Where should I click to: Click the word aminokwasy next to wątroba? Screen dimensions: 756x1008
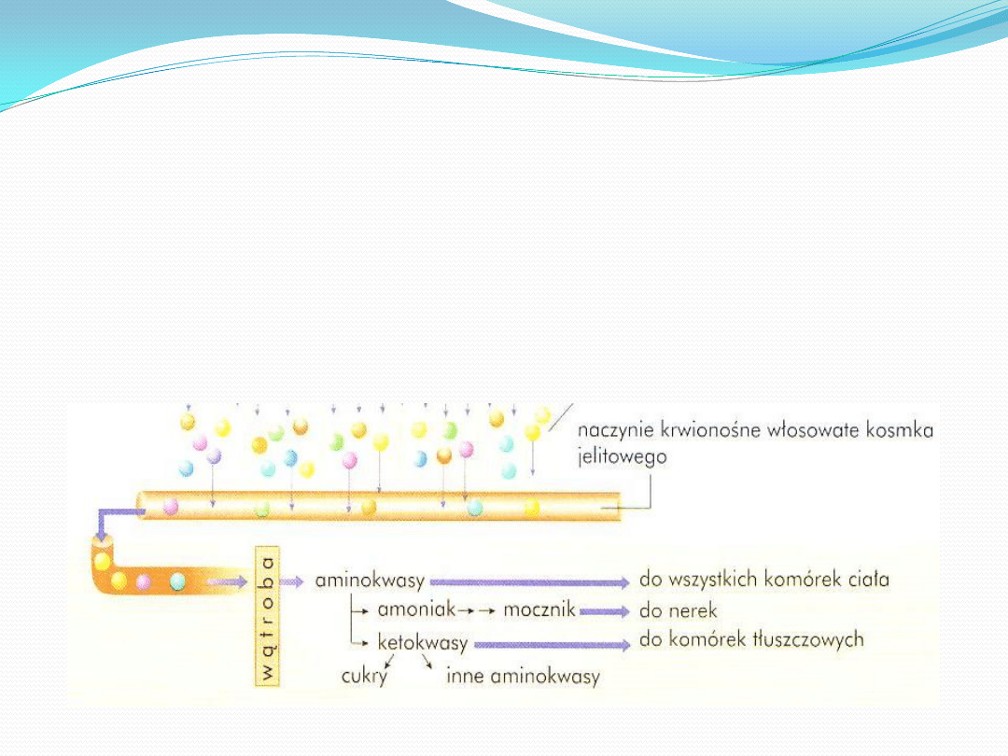tap(370, 581)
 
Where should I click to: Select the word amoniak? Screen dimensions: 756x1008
tap(416, 610)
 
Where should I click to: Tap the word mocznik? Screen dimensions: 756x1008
tap(538, 611)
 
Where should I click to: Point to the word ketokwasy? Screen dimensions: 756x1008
tap(422, 643)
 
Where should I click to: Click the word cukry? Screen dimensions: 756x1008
tap(363, 677)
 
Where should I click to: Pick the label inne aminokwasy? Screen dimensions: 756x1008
tap(523, 677)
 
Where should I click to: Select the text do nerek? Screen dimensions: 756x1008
tap(678, 611)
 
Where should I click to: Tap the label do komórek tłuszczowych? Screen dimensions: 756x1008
tap(751, 640)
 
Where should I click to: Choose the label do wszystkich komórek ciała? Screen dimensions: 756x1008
tap(763, 580)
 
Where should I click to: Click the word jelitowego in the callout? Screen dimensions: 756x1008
tap(623, 458)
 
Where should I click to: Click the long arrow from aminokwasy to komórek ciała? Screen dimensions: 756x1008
tap(529, 582)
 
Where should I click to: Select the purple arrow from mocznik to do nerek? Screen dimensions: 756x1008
tap(604, 612)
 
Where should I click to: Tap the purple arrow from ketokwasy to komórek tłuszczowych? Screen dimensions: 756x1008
tap(552, 644)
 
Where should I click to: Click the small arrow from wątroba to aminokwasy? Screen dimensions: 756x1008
tap(293, 581)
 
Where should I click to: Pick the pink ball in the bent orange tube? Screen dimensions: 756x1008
tap(144, 582)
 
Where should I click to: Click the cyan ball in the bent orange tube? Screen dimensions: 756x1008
tap(177, 581)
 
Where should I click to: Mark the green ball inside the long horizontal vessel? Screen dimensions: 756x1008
tap(263, 509)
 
